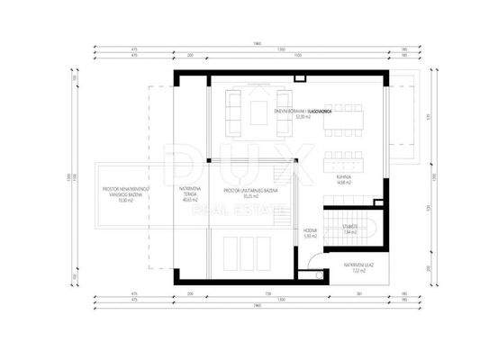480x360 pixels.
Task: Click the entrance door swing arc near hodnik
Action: tap(312, 263)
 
